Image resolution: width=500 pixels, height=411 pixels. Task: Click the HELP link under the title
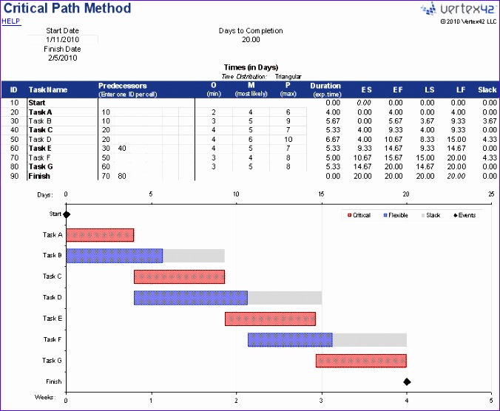[11, 21]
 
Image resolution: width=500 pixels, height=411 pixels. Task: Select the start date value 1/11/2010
[62, 39]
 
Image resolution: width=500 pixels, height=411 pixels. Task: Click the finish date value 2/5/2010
[62, 58]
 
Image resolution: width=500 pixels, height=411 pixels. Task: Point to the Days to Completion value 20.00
[251, 39]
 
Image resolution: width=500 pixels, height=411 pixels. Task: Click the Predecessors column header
[123, 86]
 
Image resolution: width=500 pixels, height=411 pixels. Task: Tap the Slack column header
[487, 90]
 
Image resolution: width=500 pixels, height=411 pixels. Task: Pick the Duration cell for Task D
[325, 139]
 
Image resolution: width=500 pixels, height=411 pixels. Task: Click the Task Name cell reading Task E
[40, 148]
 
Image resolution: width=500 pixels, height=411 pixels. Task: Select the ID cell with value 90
[13, 177]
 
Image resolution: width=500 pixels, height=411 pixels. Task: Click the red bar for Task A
[100, 235]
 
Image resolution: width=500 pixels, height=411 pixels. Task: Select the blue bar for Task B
[115, 256]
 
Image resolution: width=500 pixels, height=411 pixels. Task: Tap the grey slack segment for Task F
[370, 340]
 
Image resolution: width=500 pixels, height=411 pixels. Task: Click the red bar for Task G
[361, 361]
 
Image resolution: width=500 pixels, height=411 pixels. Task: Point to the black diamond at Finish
[407, 382]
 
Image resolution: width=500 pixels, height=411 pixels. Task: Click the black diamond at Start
[67, 215]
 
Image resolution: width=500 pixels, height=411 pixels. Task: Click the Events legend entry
[464, 215]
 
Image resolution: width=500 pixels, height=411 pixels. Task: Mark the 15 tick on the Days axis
[322, 195]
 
